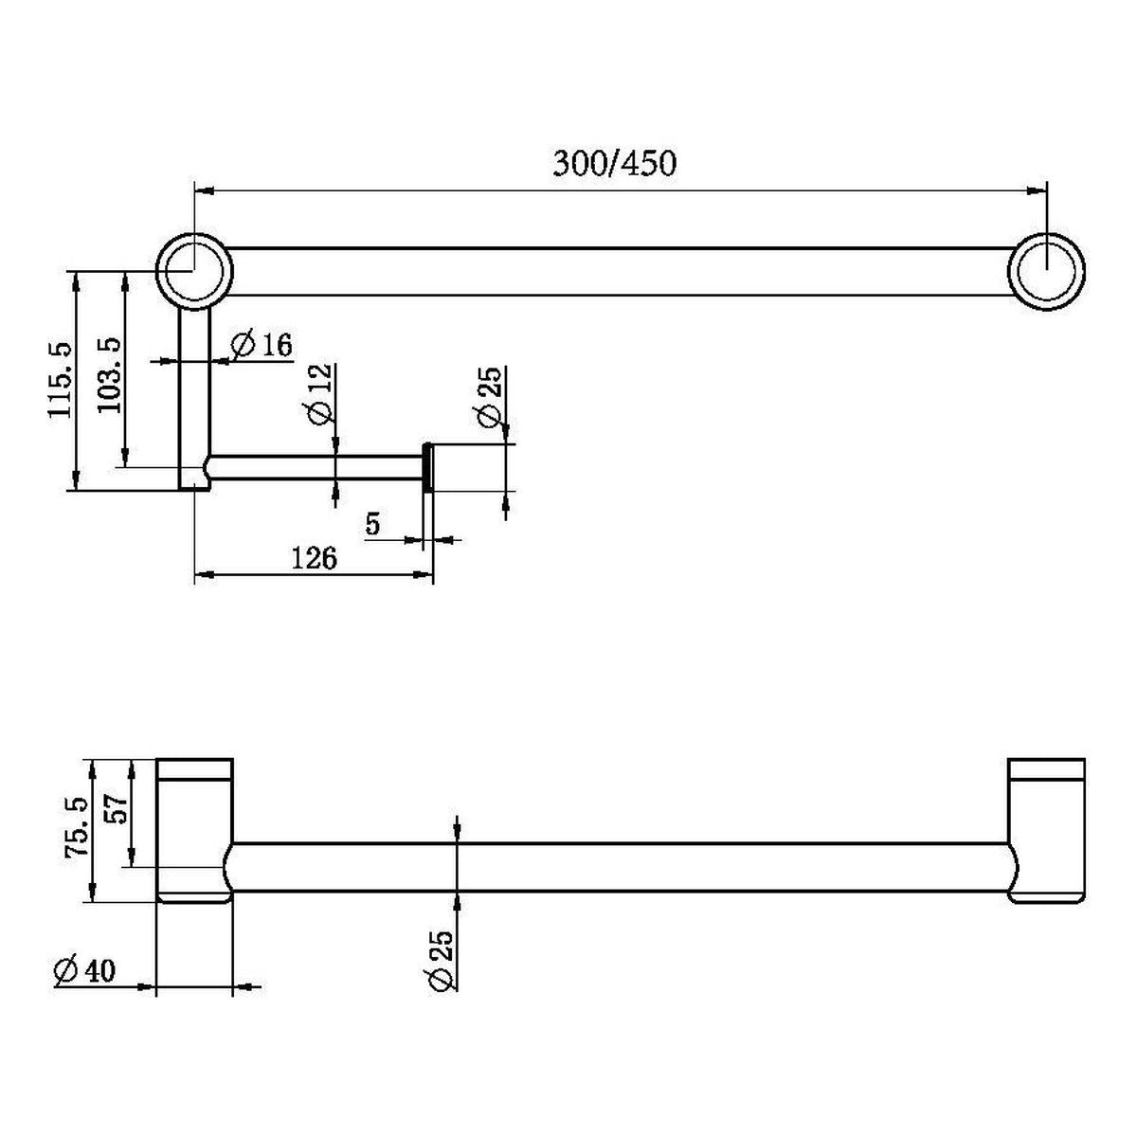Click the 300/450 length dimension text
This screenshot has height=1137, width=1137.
[x=614, y=163]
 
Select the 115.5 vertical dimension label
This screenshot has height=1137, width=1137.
[x=61, y=379]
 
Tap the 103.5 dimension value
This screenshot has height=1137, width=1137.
[x=110, y=375]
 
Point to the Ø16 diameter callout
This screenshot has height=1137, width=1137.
[x=262, y=344]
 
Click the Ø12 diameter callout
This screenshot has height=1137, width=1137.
[x=319, y=394]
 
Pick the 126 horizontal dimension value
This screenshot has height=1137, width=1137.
[x=315, y=557]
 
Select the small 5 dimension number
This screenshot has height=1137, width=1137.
[x=373, y=523]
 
